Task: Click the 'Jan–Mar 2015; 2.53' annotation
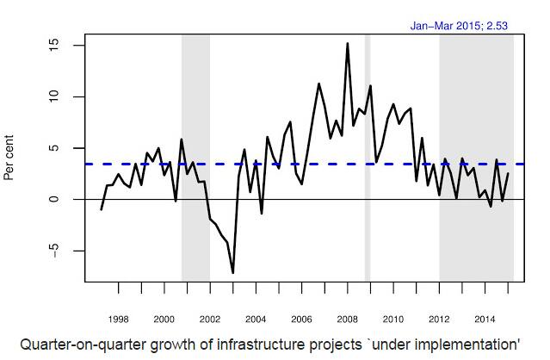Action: [458, 26]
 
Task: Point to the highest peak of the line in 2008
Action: [348, 43]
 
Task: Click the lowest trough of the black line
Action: [233, 273]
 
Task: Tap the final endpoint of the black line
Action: [508, 174]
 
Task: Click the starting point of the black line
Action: [102, 209]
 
